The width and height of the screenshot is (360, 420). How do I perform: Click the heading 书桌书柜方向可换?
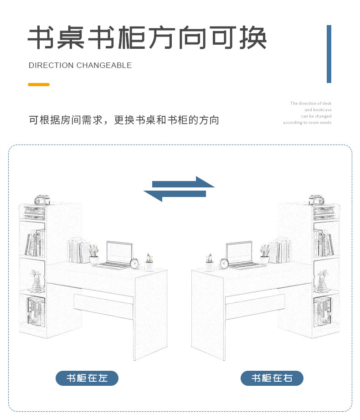tap(147, 38)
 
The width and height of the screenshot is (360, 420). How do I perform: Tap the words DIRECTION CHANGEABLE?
tap(80, 66)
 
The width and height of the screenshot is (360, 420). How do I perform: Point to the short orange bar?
tap(39, 84)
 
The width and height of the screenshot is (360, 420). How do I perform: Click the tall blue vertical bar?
tap(329, 54)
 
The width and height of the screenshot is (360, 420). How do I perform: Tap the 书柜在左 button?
tap(87, 378)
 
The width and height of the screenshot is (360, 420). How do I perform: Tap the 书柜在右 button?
tap(272, 378)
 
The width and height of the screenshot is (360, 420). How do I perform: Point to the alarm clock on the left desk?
tap(134, 263)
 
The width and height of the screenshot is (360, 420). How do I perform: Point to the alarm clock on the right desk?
tap(224, 263)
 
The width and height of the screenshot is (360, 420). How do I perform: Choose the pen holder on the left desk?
tap(149, 264)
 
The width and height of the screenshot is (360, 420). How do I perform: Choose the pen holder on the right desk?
tap(210, 264)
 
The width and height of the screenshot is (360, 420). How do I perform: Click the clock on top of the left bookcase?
tap(41, 200)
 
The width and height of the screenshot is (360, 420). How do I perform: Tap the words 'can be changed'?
tap(316, 116)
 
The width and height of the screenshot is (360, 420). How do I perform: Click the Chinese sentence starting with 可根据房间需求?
tap(124, 120)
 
